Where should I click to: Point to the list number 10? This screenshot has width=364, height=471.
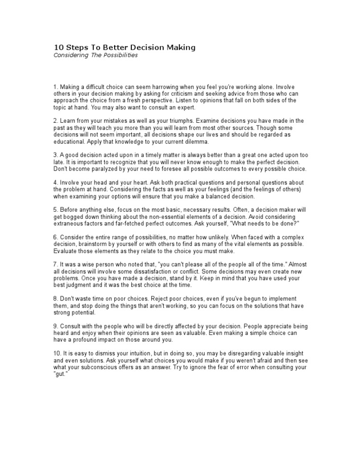point(58,354)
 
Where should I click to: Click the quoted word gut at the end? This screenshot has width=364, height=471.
point(60,374)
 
